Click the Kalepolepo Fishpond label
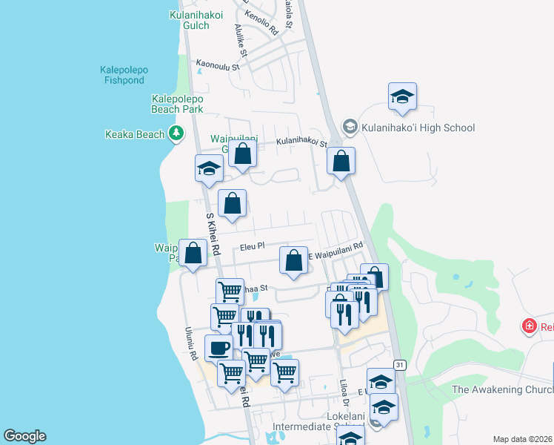[x=124, y=75]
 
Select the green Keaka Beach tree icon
[x=176, y=134]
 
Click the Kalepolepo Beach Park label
[x=177, y=104]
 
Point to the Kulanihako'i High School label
[x=418, y=128]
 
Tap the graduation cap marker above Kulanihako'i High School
[x=402, y=98]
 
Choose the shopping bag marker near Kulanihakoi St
[x=341, y=162]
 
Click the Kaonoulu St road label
[x=218, y=66]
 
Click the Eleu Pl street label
[x=252, y=246]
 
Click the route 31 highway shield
[x=399, y=365]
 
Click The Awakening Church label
[x=501, y=390]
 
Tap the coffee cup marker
[x=218, y=348]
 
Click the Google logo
[x=24, y=436]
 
